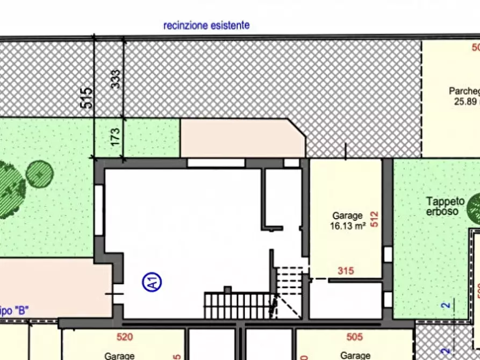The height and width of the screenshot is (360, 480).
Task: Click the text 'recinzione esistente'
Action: tap(206, 25)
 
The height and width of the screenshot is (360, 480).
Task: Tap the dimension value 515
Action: tap(87, 98)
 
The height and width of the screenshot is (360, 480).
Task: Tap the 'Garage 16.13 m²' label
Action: tap(347, 221)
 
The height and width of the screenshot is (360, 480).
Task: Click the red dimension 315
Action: tap(346, 271)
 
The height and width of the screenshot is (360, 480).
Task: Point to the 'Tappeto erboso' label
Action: tap(445, 206)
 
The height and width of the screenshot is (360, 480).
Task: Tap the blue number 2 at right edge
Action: tap(445, 306)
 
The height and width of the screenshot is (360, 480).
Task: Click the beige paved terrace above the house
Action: tap(242, 139)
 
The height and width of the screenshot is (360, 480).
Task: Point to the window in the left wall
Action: tap(99, 210)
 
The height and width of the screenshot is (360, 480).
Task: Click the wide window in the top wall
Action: tap(216, 163)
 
